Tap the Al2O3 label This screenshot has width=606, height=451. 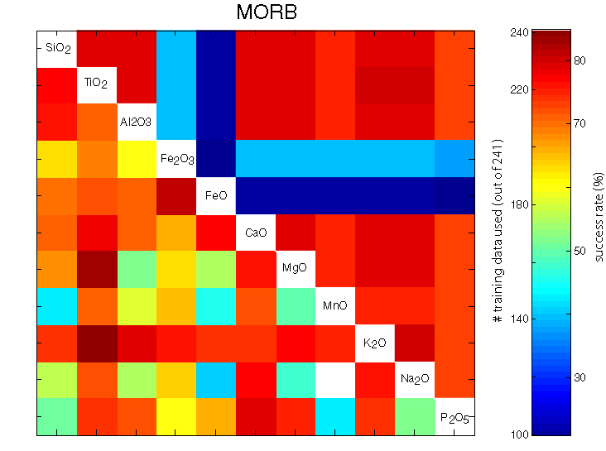(136, 121)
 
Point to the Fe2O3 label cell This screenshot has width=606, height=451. (176, 157)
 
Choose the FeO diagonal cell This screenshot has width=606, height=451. (216, 195)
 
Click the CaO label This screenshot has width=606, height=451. (256, 232)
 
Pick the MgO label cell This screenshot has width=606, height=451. (296, 269)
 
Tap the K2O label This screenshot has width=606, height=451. (375, 343)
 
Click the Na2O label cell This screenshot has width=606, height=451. (415, 379)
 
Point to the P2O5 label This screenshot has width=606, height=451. (454, 416)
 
